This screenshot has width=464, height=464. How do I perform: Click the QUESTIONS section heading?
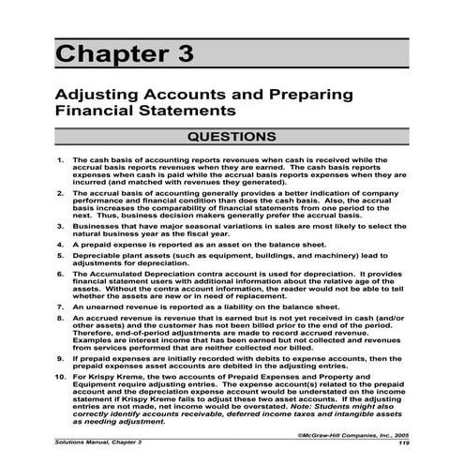[232, 137]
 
